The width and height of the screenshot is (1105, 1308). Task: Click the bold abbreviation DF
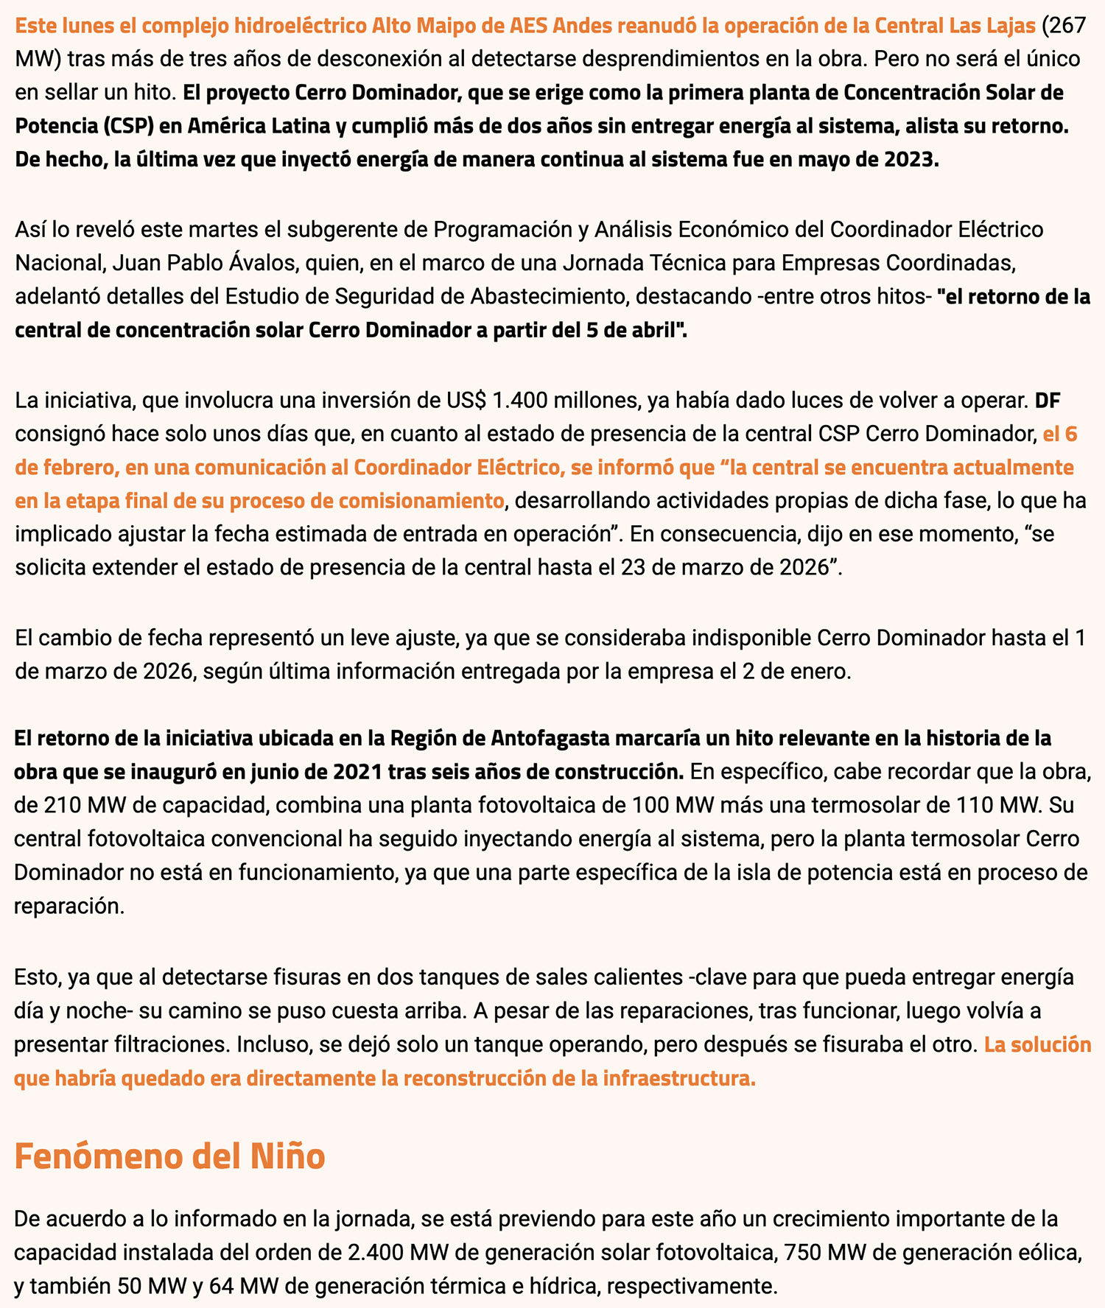click(x=1048, y=401)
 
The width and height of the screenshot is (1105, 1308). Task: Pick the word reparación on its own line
click(x=69, y=906)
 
